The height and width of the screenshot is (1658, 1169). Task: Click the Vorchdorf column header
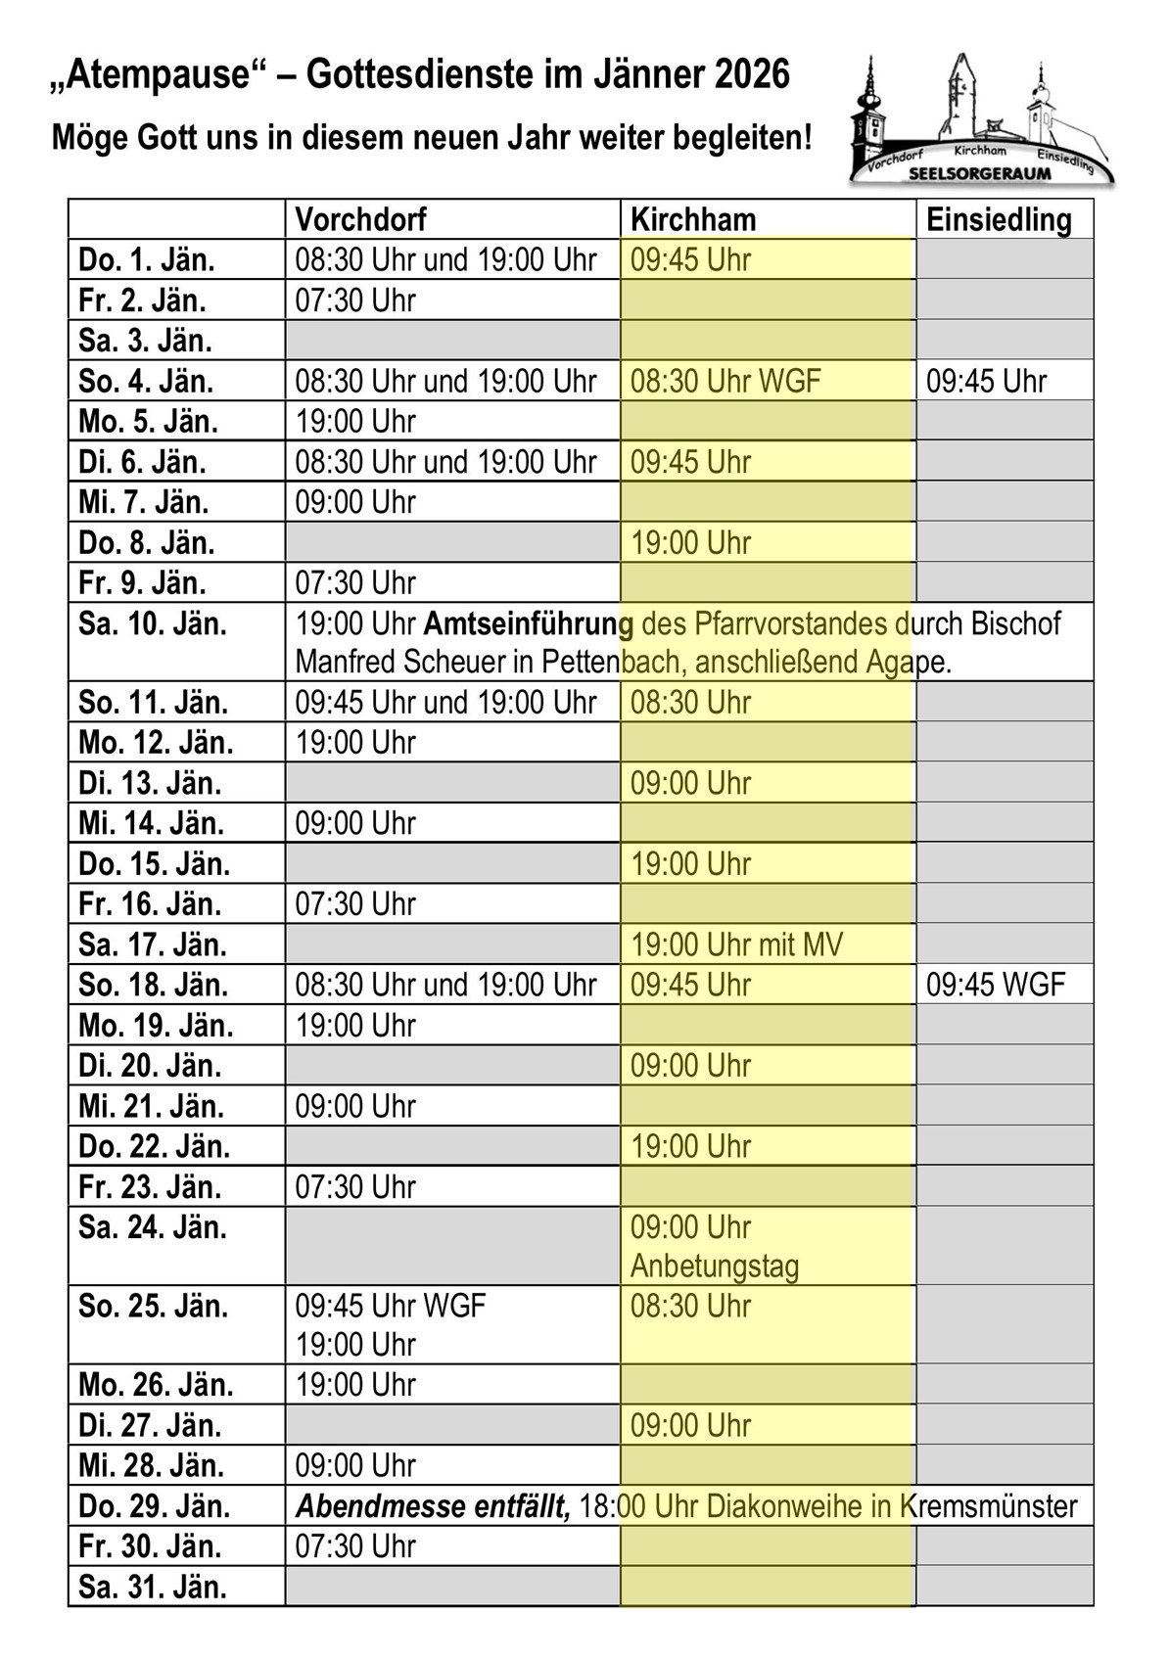360,219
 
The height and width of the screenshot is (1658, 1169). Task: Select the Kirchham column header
693,219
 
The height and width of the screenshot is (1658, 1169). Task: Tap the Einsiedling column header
999,219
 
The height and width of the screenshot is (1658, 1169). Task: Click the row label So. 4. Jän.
146,381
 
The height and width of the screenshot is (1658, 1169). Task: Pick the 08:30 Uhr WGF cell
725,381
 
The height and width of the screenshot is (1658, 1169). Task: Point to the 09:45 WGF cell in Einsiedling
996,985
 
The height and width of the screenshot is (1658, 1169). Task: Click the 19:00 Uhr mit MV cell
736,944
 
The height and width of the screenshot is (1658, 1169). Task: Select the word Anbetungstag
715,1267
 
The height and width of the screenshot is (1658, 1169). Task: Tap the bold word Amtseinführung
529,623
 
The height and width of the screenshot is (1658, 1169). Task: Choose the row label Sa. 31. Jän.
152,1587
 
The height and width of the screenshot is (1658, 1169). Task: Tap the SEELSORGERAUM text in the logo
979,173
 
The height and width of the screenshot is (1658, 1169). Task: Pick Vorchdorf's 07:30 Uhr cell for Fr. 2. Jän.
355,300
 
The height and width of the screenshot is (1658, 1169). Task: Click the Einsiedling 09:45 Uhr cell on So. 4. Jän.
986,381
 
